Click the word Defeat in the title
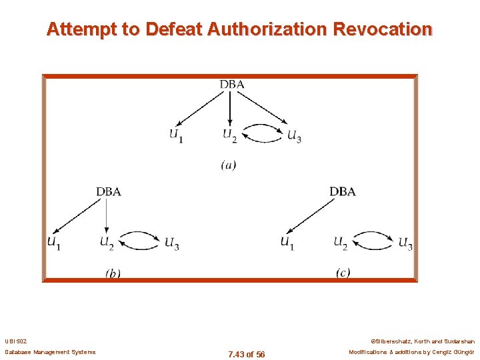[175, 29]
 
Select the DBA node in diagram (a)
[231, 84]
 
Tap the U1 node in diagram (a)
[176, 135]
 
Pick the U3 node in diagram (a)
[294, 135]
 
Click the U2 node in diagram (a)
[230, 135]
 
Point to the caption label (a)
[229, 164]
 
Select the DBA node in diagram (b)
[109, 191]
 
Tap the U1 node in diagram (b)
[54, 242]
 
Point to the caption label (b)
[113, 273]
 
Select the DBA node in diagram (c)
[342, 191]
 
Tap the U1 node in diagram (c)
[287, 242]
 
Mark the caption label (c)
[343, 273]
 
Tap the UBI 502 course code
[16, 341]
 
